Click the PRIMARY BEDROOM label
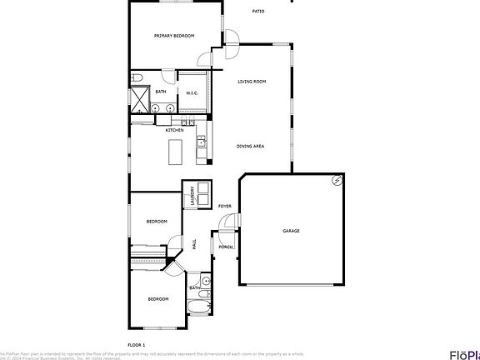[174, 36]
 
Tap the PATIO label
[259, 11]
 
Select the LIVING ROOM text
[252, 81]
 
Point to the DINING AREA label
[251, 146]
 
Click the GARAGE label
[291, 231]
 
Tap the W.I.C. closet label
[191, 92]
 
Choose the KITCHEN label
[174, 130]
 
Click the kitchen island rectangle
[175, 152]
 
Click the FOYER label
[224, 206]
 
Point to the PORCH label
[225, 247]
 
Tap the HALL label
[194, 245]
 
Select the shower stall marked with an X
[137, 99]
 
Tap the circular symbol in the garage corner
[337, 180]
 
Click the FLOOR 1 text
[136, 344]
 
